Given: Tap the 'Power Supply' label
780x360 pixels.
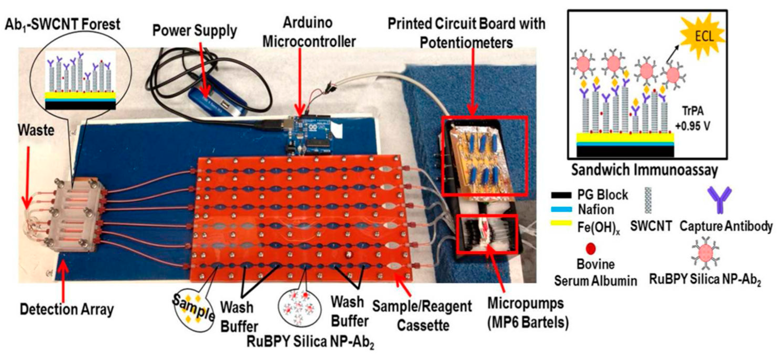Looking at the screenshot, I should (194, 31).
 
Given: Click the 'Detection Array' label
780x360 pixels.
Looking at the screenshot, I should (67, 309).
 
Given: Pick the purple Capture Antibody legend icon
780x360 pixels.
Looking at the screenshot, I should (719, 200).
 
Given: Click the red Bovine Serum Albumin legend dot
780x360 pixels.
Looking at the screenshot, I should (591, 249).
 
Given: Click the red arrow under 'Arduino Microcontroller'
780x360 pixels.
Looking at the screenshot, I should (299, 85).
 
